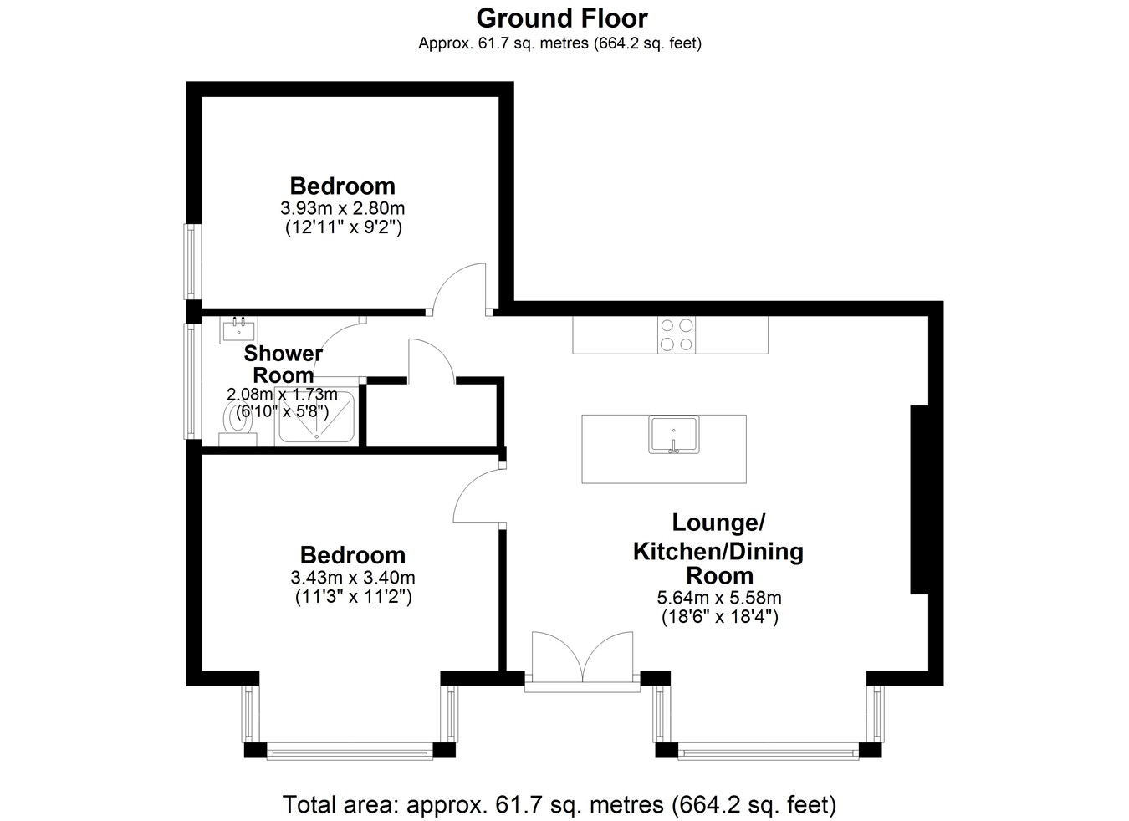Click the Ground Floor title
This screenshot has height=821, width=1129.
click(561, 18)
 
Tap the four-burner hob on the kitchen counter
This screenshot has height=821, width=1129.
click(677, 334)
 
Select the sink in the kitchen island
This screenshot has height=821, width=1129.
click(674, 435)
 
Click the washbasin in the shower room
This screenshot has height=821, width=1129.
click(238, 329)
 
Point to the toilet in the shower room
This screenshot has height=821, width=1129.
click(238, 423)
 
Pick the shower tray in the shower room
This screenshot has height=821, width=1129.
click(317, 417)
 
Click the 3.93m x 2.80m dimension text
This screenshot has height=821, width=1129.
click(343, 207)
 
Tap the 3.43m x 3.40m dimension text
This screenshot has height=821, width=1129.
click(353, 577)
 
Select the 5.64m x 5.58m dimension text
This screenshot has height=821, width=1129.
click(719, 598)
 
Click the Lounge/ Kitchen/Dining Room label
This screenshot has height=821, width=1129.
click(718, 548)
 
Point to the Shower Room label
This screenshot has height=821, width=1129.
click(284, 364)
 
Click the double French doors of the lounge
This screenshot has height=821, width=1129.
click(583, 661)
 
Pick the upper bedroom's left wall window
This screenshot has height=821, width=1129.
click(192, 262)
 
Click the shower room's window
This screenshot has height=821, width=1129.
click(192, 381)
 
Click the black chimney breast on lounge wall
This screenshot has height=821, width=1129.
click(919, 499)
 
